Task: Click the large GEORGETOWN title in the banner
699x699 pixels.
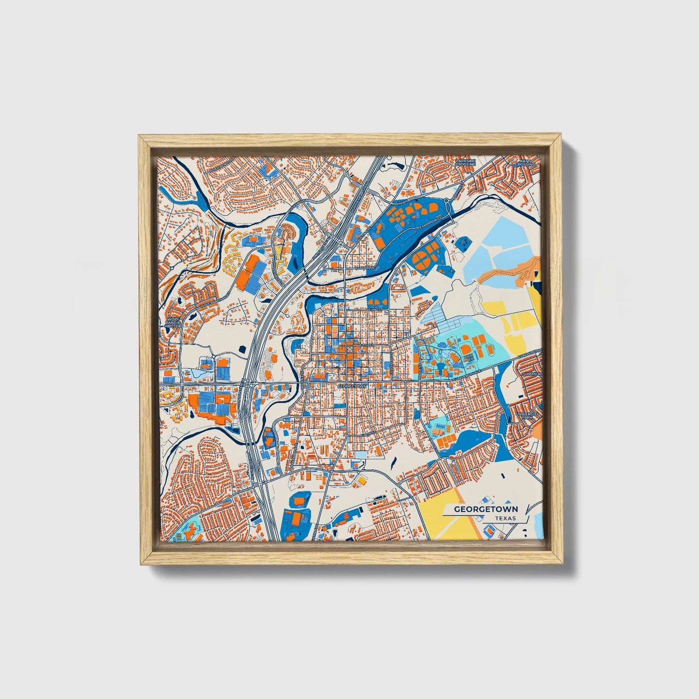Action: point(486,509)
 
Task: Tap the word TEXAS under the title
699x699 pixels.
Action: point(505,518)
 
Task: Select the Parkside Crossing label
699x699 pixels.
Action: point(465,162)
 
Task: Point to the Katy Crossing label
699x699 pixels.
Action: point(525,162)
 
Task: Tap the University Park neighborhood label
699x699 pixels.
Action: point(526,416)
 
